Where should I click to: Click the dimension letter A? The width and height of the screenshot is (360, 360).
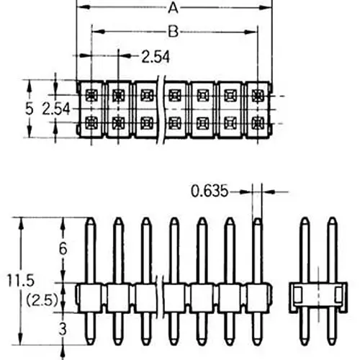[x=173, y=9]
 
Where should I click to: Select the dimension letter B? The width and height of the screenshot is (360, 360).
[x=173, y=32]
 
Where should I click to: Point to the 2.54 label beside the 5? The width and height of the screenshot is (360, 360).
[x=58, y=109]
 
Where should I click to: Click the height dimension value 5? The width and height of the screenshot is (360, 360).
[x=30, y=109]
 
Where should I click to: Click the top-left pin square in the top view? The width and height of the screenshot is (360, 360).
[x=90, y=94]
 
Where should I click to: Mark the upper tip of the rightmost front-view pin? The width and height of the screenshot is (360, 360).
[x=257, y=220]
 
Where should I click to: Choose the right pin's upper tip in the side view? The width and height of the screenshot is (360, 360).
[x=332, y=220]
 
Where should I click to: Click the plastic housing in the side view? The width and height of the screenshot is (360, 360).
[x=318, y=295]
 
